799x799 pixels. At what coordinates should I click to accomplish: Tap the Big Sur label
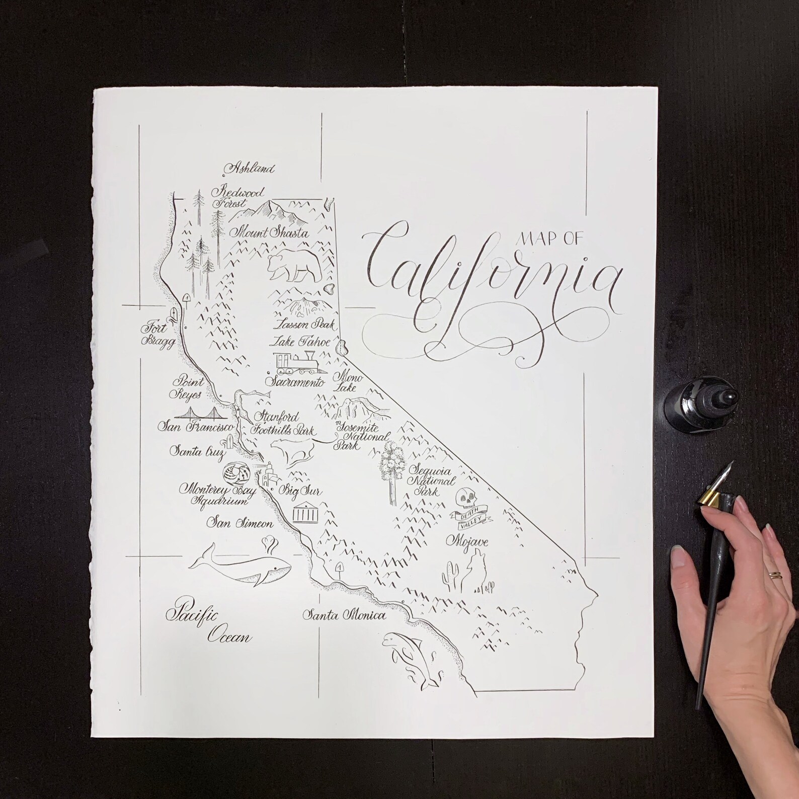pyautogui.click(x=300, y=491)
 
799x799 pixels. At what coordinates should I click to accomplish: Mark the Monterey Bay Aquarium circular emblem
pyautogui.click(x=235, y=473)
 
